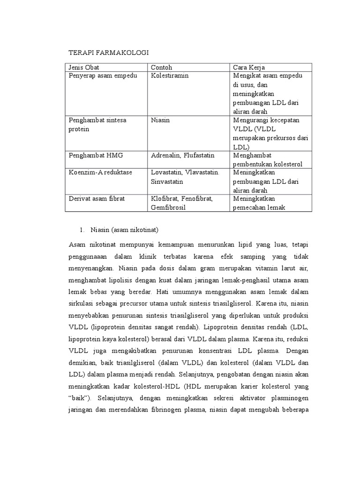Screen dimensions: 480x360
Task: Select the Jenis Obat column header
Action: coord(84,67)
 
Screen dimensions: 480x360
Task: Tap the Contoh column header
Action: coord(162,67)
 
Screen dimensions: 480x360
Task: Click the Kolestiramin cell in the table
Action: coord(169,75)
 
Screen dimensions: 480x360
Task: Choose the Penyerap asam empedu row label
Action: coord(103,75)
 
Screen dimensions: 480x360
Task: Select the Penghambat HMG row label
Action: coord(95,155)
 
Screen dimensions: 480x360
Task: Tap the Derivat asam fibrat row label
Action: coord(97,198)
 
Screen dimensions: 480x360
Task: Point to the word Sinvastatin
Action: coord(167,181)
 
